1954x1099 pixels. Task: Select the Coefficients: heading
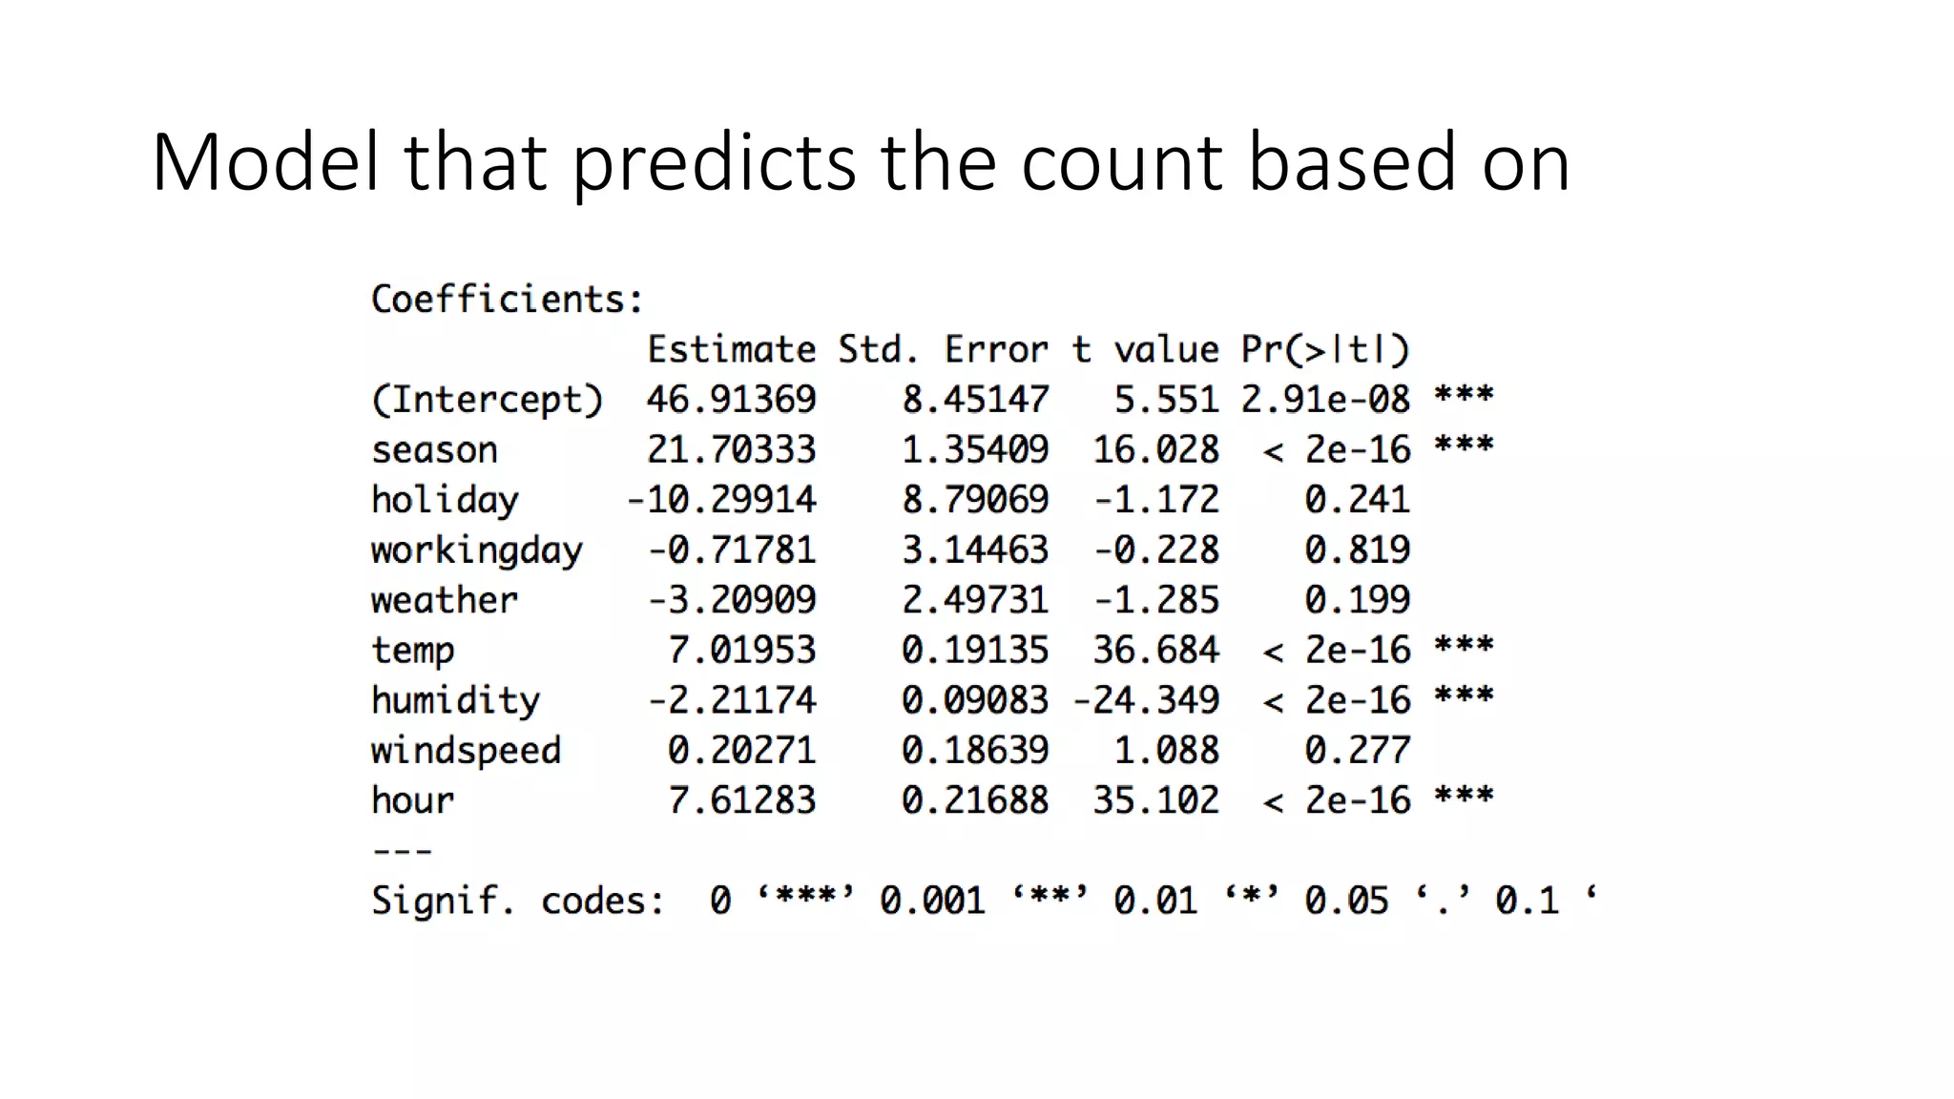pyautogui.click(x=507, y=300)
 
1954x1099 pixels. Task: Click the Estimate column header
pyautogui.click(x=732, y=349)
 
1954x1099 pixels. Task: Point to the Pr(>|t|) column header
pyautogui.click(x=1324, y=349)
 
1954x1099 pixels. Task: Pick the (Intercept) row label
pyautogui.click(x=487, y=400)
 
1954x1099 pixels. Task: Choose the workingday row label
pyautogui.click(x=476, y=550)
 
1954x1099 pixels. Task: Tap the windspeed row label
pyautogui.click(x=466, y=751)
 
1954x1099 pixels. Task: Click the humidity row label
pyautogui.click(x=455, y=701)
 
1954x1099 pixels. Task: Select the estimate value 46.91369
pyautogui.click(x=732, y=400)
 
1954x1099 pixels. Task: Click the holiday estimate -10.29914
pyautogui.click(x=721, y=500)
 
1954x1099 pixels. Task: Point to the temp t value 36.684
pyautogui.click(x=1155, y=651)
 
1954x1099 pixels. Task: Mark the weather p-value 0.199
pyautogui.click(x=1357, y=600)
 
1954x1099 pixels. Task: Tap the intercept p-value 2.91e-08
pyautogui.click(x=1324, y=400)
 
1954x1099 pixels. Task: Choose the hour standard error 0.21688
pyautogui.click(x=975, y=800)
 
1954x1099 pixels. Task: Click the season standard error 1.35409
pyautogui.click(x=975, y=449)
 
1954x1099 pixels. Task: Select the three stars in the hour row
pyautogui.click(x=1464, y=796)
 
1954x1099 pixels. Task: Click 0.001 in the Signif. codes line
pyautogui.click(x=932, y=901)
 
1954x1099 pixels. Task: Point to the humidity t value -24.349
pyautogui.click(x=1146, y=701)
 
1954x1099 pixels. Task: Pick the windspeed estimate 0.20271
pyautogui.click(x=742, y=751)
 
